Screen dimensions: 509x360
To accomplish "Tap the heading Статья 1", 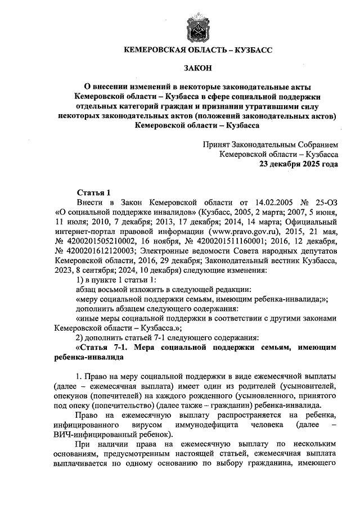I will tap(94, 192).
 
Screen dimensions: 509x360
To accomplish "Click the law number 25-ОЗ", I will tap(323, 202).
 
